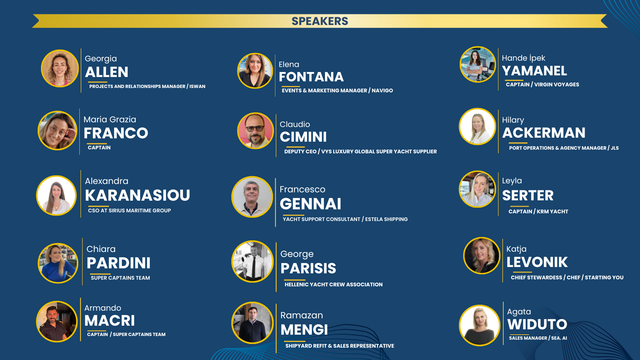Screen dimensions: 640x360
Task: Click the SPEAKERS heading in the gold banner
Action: [x=320, y=21]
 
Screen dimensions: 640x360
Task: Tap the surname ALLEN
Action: [x=107, y=72]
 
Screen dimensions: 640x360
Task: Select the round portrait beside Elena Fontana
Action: [x=255, y=71]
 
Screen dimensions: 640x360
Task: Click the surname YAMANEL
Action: [x=534, y=71]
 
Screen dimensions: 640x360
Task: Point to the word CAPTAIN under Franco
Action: [x=99, y=148]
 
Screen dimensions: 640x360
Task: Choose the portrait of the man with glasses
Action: [x=255, y=131]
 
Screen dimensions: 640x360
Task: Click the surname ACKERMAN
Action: [x=544, y=133]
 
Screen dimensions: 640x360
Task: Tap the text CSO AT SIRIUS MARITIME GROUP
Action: [x=129, y=211]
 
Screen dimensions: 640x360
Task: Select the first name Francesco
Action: [x=302, y=189]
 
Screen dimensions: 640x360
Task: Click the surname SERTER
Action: [x=528, y=195]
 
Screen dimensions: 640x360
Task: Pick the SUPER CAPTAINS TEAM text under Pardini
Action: [x=120, y=278]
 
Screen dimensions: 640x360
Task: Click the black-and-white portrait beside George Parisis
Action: [x=252, y=261]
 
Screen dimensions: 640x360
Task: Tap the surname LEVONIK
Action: [x=537, y=262]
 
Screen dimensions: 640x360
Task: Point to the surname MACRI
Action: [x=110, y=321]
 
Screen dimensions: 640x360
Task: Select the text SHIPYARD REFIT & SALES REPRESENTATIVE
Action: [x=340, y=346]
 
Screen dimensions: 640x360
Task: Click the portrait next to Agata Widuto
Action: [x=479, y=325]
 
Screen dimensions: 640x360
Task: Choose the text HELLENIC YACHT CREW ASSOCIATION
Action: [x=333, y=285]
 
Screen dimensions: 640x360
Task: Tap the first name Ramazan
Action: [x=302, y=315]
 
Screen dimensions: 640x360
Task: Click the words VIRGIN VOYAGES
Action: [x=557, y=85]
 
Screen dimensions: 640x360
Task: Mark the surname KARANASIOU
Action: [x=137, y=195]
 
